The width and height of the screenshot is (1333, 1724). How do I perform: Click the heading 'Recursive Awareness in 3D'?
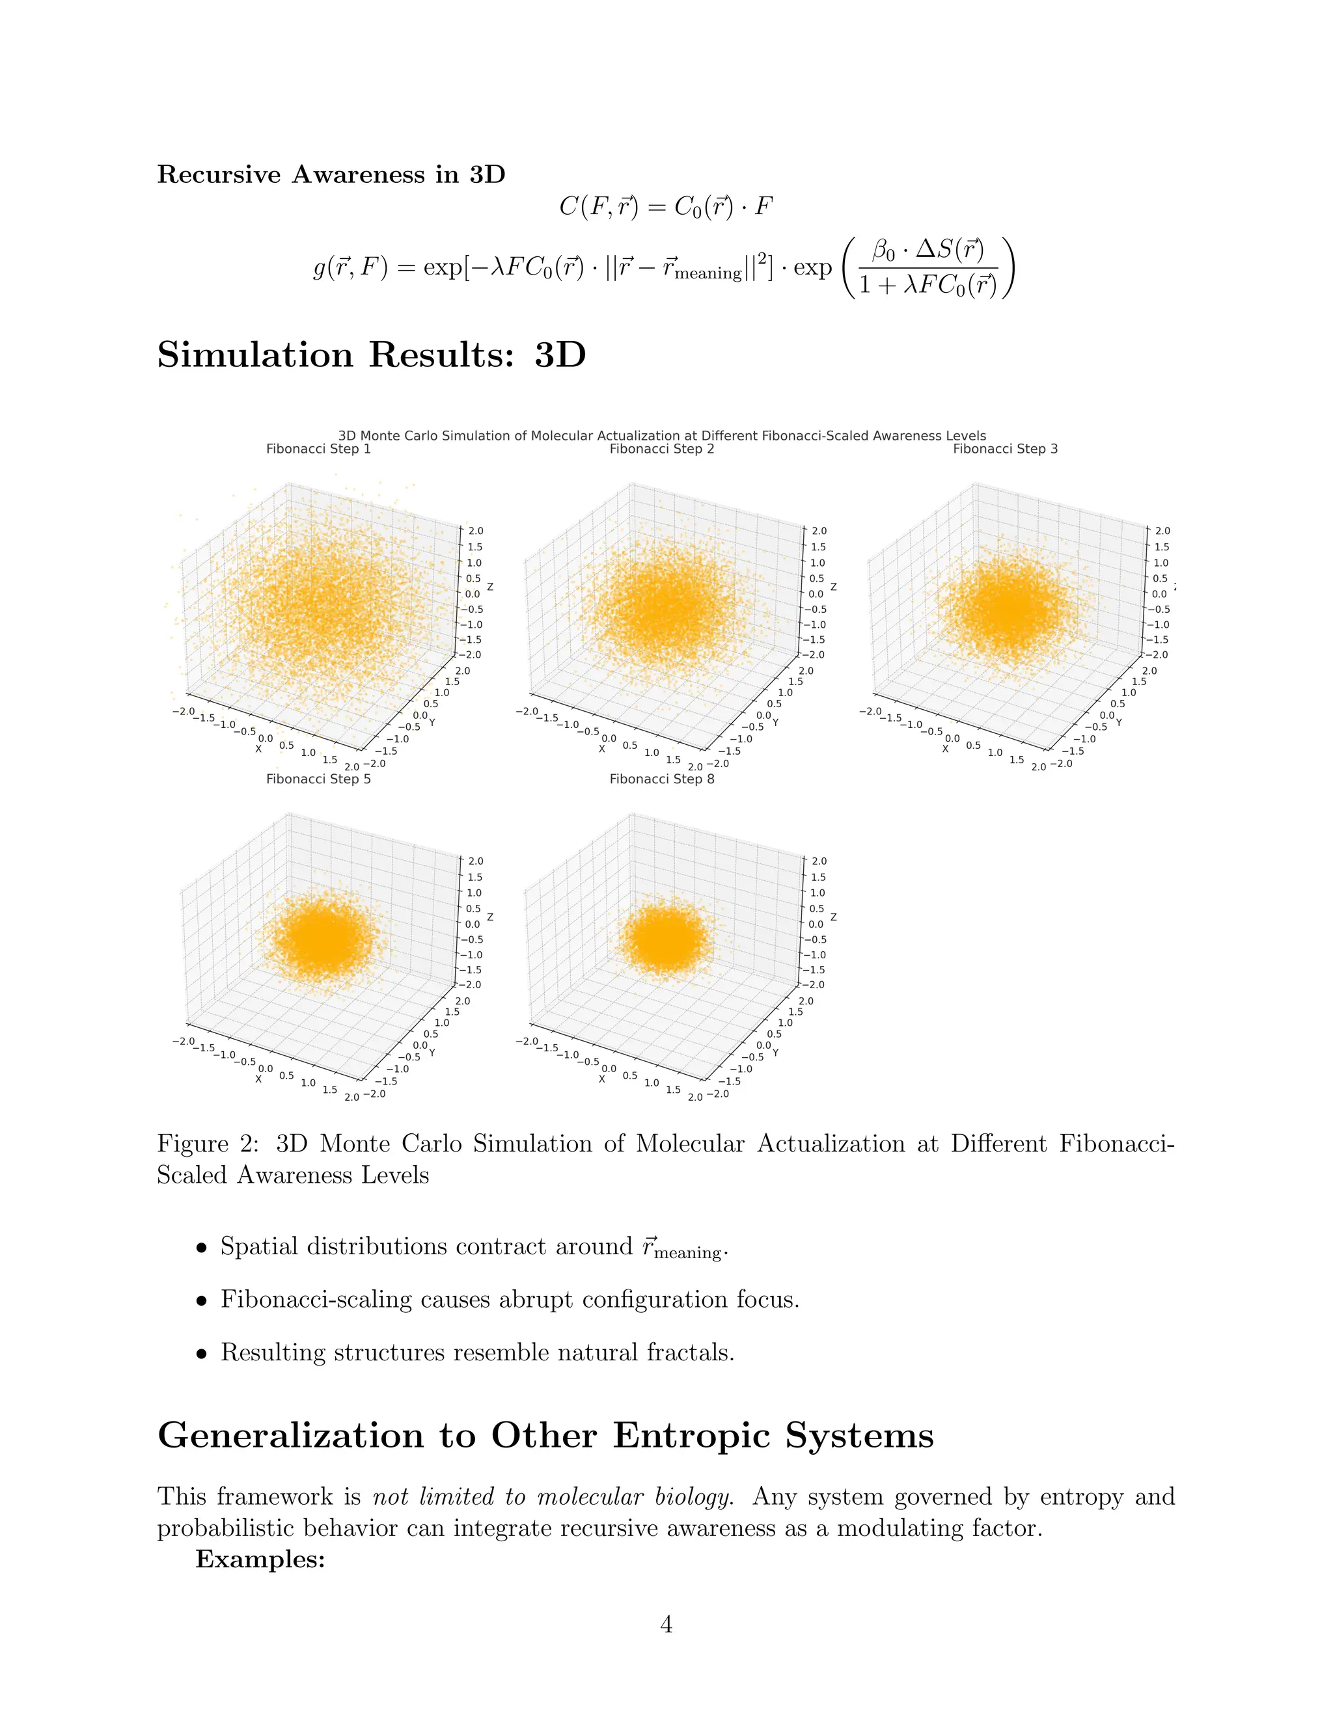point(331,174)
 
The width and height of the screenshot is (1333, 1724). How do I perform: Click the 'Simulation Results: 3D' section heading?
point(371,355)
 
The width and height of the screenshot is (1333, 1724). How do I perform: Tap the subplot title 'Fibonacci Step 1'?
point(318,449)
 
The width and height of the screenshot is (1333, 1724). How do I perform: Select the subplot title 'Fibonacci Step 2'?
point(662,449)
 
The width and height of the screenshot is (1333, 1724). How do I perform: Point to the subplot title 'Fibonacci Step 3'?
point(1005,449)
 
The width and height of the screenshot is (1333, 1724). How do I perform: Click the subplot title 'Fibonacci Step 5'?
point(318,779)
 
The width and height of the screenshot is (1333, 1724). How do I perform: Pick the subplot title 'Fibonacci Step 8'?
point(662,779)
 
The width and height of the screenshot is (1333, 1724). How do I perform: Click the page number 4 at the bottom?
point(666,1624)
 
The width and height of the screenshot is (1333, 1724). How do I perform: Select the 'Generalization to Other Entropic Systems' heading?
point(545,1435)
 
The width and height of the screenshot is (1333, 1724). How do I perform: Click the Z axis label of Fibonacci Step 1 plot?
point(490,587)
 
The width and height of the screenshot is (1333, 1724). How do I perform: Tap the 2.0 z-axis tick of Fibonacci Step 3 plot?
point(1162,532)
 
